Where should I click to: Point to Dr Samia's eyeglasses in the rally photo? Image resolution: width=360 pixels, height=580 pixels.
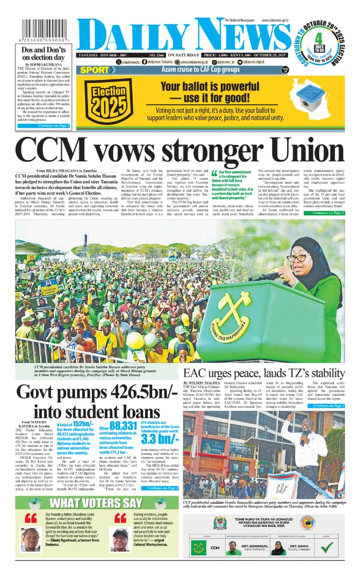coord(300,258)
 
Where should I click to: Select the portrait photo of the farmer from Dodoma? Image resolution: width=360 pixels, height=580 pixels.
coord(30,539)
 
